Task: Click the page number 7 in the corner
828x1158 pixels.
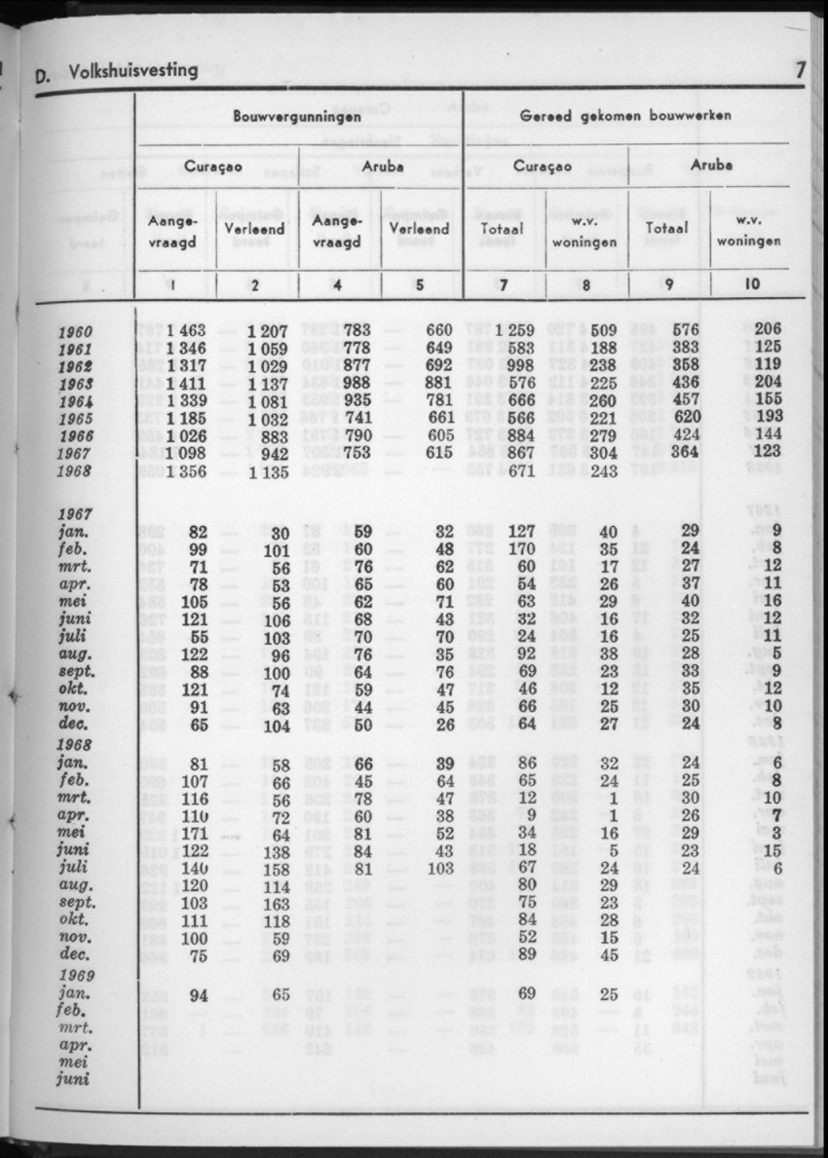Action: click(800, 70)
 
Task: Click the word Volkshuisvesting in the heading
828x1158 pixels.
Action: click(134, 70)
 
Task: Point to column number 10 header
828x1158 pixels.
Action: click(751, 285)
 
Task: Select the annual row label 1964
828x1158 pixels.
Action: click(75, 401)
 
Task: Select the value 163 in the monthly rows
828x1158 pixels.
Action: click(278, 903)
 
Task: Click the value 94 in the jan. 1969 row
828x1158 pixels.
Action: click(200, 994)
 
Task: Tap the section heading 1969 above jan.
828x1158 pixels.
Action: click(76, 976)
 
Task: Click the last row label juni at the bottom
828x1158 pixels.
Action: click(74, 1079)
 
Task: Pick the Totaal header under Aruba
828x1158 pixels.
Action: click(667, 228)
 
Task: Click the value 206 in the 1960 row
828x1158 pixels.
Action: click(769, 331)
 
